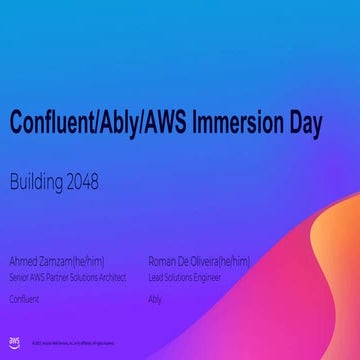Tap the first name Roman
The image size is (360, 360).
pyautogui.click(x=163, y=261)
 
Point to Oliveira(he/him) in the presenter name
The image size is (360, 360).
pyautogui.click(x=222, y=261)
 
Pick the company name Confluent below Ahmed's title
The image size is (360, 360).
pyautogui.click(x=24, y=298)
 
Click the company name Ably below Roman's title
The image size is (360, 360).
pyautogui.click(x=154, y=298)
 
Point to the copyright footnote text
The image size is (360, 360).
pyautogui.click(x=76, y=343)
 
